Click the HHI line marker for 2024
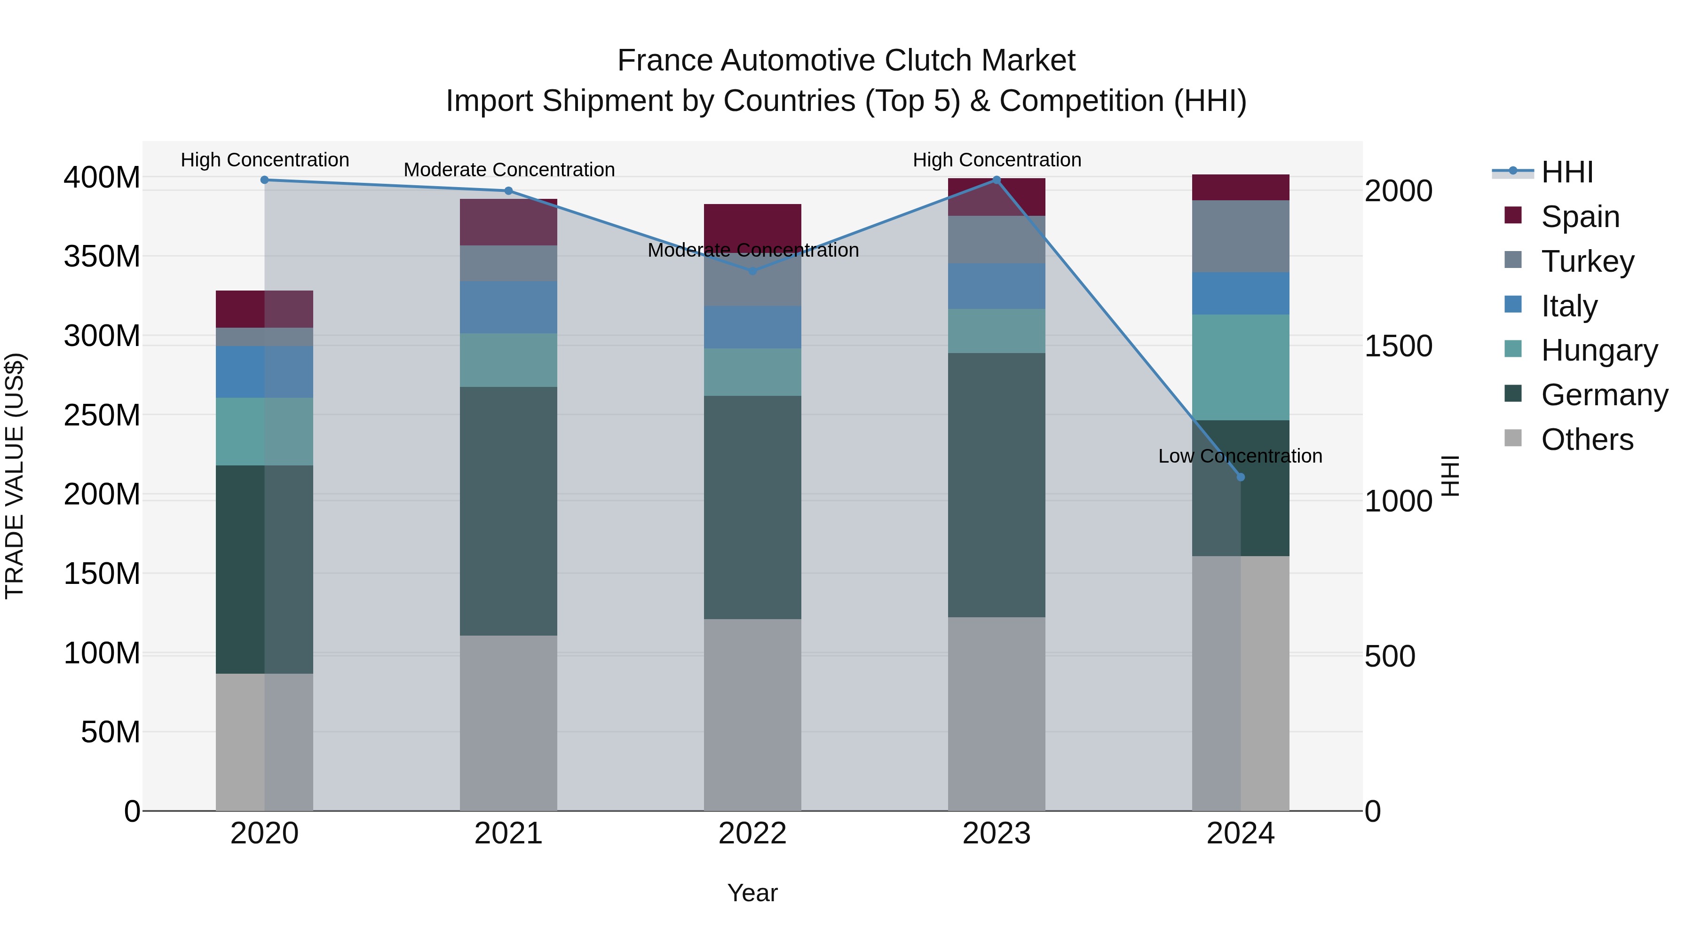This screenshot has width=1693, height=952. tap(1240, 477)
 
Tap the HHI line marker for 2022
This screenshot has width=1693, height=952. tap(752, 271)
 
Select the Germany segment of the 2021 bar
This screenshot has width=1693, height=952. tap(508, 511)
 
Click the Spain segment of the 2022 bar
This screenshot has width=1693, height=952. tap(752, 223)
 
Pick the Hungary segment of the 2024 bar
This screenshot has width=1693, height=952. tap(1240, 367)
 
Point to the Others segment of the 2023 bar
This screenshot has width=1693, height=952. tap(997, 714)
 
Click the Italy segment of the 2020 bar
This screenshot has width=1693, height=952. tap(264, 372)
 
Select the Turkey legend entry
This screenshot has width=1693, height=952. tap(1587, 261)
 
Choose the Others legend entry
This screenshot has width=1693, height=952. tap(1587, 440)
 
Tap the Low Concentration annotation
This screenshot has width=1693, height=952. tap(1240, 456)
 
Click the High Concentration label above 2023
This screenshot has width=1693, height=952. tap(997, 160)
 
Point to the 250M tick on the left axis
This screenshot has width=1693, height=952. tap(102, 415)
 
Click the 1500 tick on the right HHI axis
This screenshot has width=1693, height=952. tap(1398, 346)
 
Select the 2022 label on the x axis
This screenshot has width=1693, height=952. tap(752, 834)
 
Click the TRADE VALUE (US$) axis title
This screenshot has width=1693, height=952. tap(15, 476)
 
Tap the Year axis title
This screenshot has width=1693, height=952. tap(752, 893)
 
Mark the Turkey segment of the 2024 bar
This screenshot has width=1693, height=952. tap(1240, 236)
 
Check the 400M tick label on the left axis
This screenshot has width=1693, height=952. tap(102, 177)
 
